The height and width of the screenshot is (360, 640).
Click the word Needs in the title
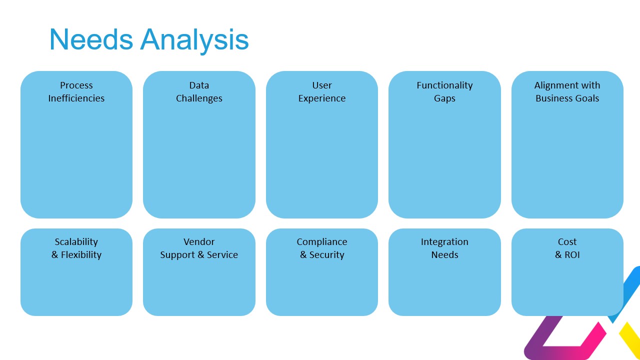(x=91, y=39)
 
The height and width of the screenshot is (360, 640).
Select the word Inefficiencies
(x=76, y=98)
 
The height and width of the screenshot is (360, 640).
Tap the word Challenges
(x=199, y=98)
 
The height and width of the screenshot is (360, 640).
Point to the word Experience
(x=322, y=98)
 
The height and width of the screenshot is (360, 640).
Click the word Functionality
(x=444, y=85)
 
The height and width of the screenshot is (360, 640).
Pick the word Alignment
(x=553, y=85)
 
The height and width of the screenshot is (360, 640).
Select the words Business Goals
(x=567, y=98)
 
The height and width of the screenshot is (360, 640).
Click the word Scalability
(x=76, y=242)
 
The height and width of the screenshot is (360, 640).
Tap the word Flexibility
(x=81, y=255)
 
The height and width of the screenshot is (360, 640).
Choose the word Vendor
(x=199, y=242)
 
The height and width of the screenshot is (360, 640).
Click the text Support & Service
(x=199, y=255)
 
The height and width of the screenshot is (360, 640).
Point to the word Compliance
(x=322, y=242)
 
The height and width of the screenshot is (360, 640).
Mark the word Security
(x=326, y=255)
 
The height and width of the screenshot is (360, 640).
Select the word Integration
(x=444, y=242)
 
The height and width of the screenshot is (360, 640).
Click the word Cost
(x=567, y=242)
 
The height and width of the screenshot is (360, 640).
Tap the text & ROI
(x=567, y=255)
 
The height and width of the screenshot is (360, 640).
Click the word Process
(x=76, y=85)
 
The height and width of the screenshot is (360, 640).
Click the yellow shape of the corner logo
(x=631, y=340)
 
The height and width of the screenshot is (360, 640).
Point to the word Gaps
(x=444, y=98)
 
